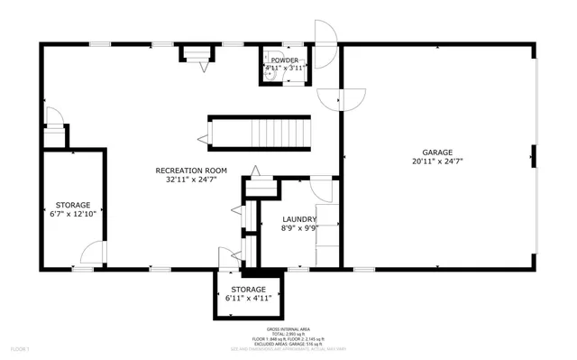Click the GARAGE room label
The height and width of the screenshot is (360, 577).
pyautogui.click(x=438, y=152)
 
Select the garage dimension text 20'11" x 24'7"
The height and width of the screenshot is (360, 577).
pyautogui.click(x=438, y=162)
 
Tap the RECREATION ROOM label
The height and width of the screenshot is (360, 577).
pyautogui.click(x=191, y=171)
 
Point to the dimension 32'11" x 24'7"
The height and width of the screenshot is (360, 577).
pyautogui.click(x=191, y=180)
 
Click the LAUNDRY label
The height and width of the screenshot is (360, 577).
pyautogui.click(x=298, y=219)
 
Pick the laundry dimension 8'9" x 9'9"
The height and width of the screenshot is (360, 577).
pyautogui.click(x=298, y=228)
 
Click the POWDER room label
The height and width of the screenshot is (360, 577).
pyautogui.click(x=285, y=60)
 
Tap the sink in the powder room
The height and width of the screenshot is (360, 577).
pyautogui.click(x=270, y=78)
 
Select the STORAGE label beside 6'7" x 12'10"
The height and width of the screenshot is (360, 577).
pyautogui.click(x=74, y=205)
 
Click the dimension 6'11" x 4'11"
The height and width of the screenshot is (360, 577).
pyautogui.click(x=248, y=298)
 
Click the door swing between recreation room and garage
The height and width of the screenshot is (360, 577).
pyautogui.click(x=353, y=97)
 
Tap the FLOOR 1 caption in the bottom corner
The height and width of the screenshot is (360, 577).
pyautogui.click(x=20, y=348)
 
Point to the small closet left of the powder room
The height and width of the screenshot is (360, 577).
pyautogui.click(x=197, y=56)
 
